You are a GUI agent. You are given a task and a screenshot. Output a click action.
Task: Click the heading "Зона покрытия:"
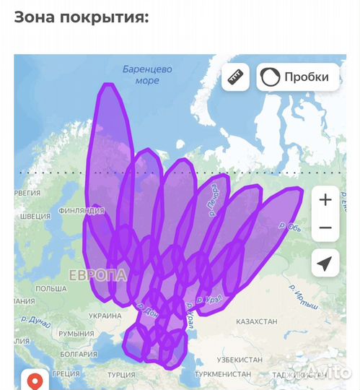pyautogui.click(x=82, y=17)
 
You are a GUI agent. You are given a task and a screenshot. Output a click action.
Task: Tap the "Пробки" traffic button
pyautogui.click(x=298, y=77)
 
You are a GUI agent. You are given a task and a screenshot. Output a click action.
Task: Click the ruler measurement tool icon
pyautogui.click(x=235, y=77)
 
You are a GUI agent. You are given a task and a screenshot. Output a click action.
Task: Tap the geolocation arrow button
pyautogui.click(x=325, y=264)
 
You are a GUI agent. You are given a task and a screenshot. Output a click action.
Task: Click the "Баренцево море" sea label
pyautogui.click(x=147, y=75)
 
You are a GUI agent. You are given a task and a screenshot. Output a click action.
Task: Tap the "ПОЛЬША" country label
pyautogui.click(x=51, y=288)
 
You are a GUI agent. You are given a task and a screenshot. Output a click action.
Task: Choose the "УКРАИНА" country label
pyautogui.click(x=105, y=316)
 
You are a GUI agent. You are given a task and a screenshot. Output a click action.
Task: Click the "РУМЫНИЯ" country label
pyautogui.click(x=76, y=334)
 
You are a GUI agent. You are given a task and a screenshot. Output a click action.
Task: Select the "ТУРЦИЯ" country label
pyautogui.click(x=121, y=375)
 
